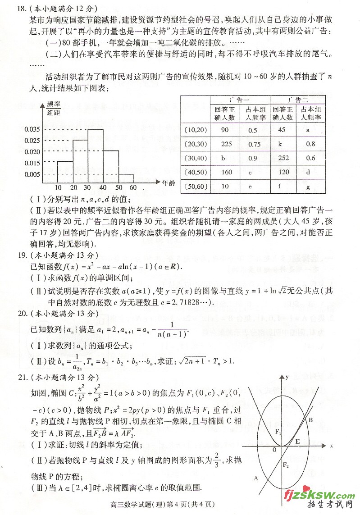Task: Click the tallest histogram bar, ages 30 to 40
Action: pyautogui.click(x=96, y=156)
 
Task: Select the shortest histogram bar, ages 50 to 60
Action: pyautogui.click(x=127, y=178)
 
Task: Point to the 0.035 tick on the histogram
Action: pyautogui.click(x=32, y=129)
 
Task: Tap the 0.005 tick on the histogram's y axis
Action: pyautogui.click(x=32, y=175)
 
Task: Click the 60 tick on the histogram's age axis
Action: pyautogui.click(x=133, y=188)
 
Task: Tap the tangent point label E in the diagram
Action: pyautogui.click(x=297, y=442)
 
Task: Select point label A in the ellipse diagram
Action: pyautogui.click(x=256, y=478)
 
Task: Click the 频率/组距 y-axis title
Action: pyautogui.click(x=54, y=108)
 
